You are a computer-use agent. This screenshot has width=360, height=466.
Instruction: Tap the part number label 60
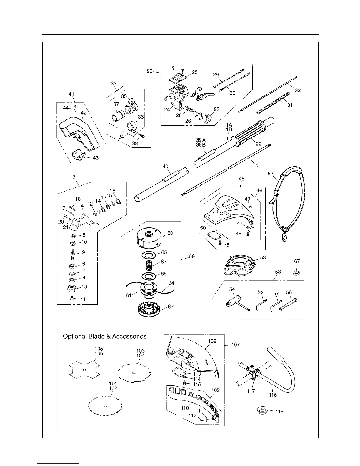(170, 233)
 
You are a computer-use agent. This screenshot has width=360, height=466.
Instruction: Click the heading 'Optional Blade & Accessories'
(105, 336)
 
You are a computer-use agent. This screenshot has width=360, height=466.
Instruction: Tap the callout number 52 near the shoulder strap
(271, 174)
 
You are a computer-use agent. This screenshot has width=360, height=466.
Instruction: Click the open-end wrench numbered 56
(288, 304)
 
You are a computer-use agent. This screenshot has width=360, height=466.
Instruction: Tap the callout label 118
(279, 411)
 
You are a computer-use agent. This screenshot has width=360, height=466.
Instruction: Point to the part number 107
(235, 344)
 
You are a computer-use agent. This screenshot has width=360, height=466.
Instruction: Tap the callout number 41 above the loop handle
(71, 94)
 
